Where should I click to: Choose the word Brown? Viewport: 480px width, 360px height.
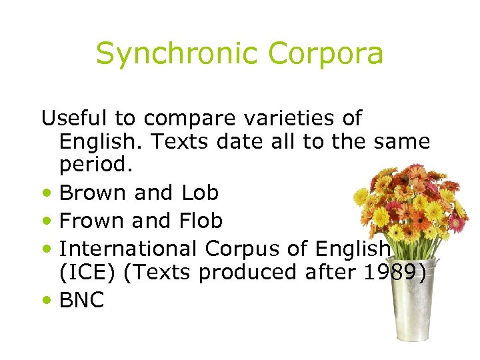point(93,193)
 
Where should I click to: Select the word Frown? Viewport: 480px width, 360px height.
point(92,220)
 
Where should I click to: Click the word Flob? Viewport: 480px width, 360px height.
point(200,220)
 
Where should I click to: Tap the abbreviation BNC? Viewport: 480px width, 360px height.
point(82,301)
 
